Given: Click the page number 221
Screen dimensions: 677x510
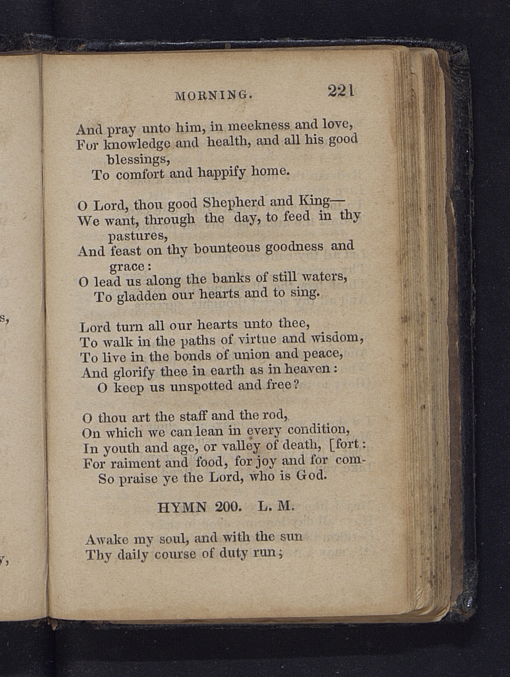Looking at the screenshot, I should click(x=341, y=91).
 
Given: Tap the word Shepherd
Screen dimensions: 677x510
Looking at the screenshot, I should click(x=234, y=203).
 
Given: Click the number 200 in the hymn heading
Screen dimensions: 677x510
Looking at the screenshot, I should click(x=228, y=507).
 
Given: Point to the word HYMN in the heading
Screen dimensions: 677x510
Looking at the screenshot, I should click(x=182, y=508).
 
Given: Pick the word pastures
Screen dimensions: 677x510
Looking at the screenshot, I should click(x=138, y=236).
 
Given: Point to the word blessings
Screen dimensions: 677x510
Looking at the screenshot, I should click(x=138, y=159).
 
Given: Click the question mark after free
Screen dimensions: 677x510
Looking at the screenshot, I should click(x=296, y=385).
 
